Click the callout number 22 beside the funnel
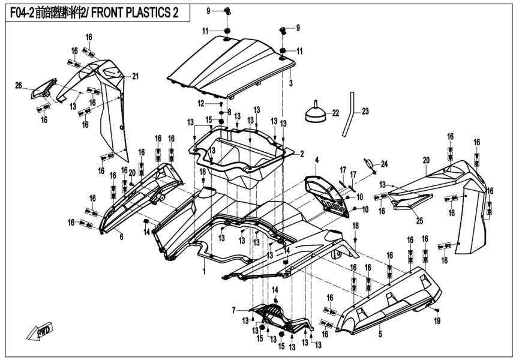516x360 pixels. (x=335, y=113)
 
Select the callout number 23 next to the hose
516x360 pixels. (x=365, y=111)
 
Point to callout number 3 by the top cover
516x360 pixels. (x=290, y=81)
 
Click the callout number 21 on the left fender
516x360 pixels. (x=136, y=76)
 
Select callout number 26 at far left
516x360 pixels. (x=18, y=85)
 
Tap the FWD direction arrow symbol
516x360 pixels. (x=38, y=330)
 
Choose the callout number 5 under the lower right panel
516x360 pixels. (x=380, y=331)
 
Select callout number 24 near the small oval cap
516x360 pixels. (x=385, y=164)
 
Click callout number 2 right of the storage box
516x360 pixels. (x=302, y=154)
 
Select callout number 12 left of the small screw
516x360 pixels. (x=202, y=103)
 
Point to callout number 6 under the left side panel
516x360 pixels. (x=121, y=237)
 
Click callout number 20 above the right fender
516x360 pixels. (x=426, y=160)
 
